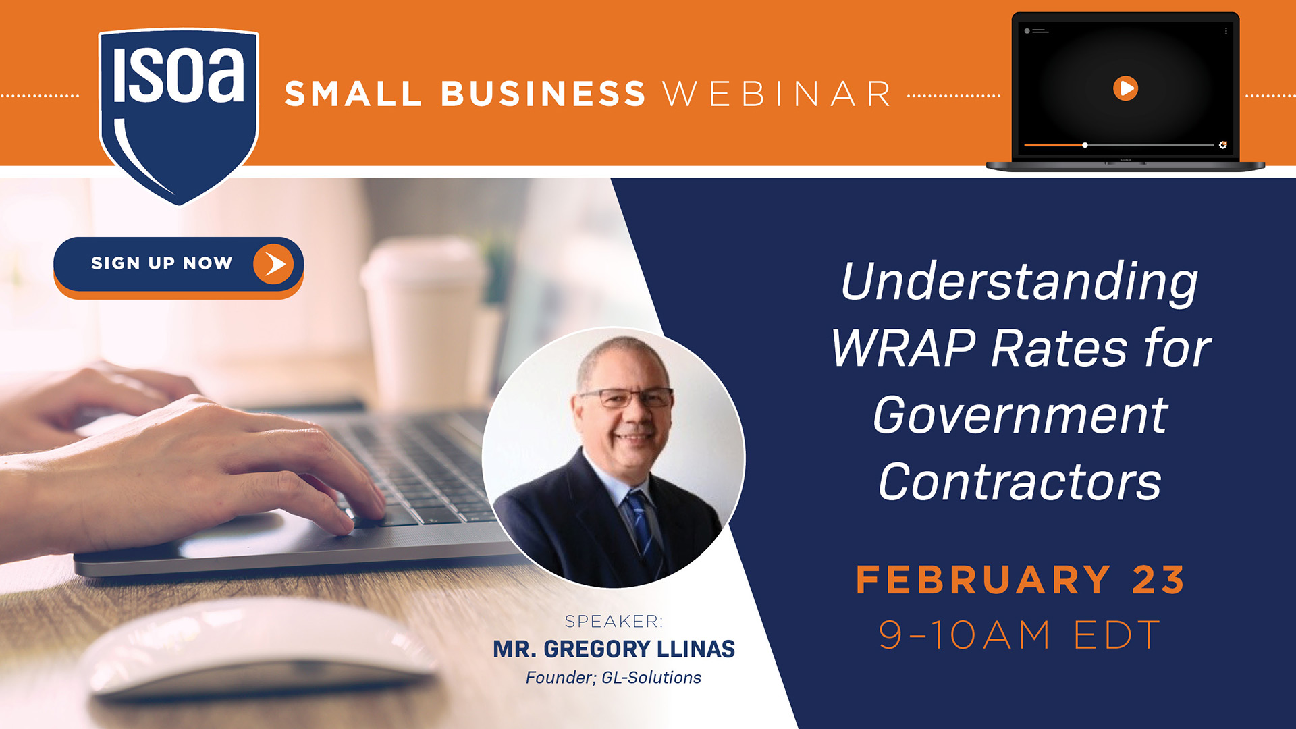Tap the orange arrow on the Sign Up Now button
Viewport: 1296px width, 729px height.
[273, 263]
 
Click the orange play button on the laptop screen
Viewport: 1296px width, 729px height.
[1125, 88]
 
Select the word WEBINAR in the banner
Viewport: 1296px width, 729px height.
[777, 94]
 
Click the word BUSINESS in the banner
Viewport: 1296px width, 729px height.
[543, 94]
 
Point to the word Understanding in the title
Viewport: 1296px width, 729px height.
[1019, 282]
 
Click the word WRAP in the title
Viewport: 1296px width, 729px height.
[904, 348]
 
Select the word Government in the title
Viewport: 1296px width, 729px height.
[1020, 415]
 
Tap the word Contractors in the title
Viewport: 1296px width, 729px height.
[1020, 481]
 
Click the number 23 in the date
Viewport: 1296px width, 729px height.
[1158, 580]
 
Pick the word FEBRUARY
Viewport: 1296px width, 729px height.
[983, 580]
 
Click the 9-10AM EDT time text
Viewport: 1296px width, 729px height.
[1019, 635]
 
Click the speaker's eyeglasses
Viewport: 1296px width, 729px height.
[626, 398]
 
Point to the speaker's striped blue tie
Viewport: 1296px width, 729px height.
[643, 530]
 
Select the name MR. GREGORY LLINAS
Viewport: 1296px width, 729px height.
[614, 649]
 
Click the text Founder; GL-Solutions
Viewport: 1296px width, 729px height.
[614, 678]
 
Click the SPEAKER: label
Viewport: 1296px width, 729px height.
[614, 621]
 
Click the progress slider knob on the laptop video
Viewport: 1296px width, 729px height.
[1085, 145]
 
